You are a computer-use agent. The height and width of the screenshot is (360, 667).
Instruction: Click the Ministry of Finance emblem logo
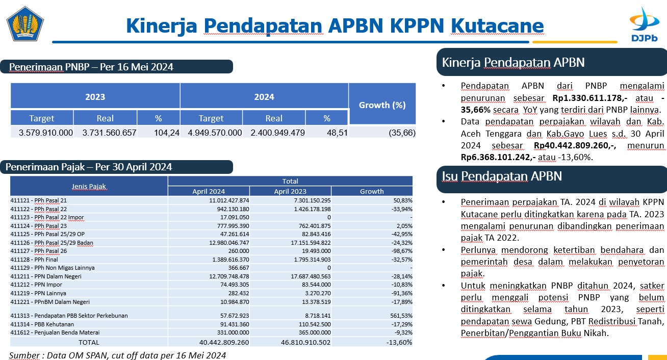(x=25, y=24)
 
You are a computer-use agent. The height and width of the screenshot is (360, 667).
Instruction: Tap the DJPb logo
(x=644, y=24)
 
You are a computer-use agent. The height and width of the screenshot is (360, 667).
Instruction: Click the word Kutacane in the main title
(x=497, y=25)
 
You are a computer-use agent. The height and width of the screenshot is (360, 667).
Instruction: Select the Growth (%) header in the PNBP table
(x=382, y=105)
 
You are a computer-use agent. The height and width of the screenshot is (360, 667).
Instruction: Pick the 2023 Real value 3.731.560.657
(x=109, y=133)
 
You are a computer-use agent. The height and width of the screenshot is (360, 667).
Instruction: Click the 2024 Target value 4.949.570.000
(x=215, y=133)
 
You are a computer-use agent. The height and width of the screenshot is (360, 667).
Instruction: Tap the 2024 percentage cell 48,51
(x=337, y=133)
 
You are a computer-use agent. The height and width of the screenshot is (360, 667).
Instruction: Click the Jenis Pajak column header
(x=89, y=187)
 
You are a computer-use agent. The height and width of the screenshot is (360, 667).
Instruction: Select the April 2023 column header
(x=290, y=191)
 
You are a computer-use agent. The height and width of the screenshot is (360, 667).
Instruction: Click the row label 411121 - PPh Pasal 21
(x=39, y=200)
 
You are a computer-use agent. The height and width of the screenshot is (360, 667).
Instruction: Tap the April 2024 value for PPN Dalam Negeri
(x=229, y=276)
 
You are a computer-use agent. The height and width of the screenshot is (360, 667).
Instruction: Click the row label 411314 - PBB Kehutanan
(x=42, y=324)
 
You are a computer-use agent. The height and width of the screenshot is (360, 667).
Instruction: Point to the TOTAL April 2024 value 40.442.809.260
(x=224, y=343)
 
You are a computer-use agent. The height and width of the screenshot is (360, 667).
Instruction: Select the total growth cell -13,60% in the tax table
(x=399, y=343)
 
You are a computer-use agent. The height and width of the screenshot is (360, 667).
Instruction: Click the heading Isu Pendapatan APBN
(x=502, y=176)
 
